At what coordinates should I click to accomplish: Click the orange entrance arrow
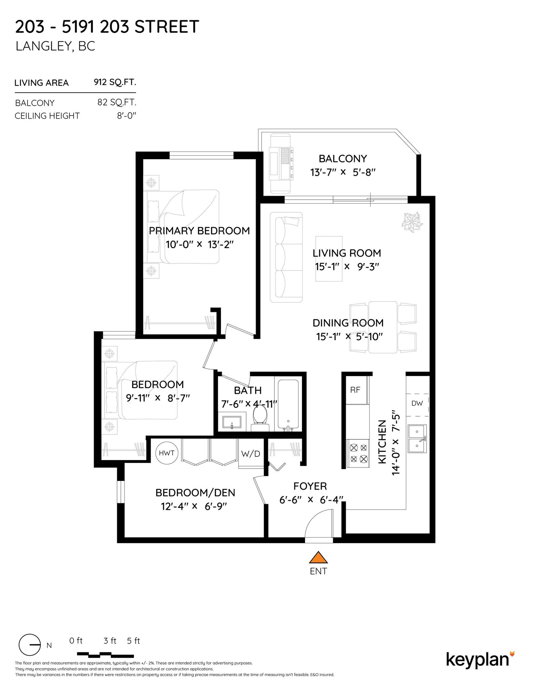[x=318, y=557]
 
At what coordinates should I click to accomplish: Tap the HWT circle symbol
[x=167, y=453]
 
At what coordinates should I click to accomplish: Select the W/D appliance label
[x=251, y=454]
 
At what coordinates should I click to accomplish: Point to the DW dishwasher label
[x=417, y=403]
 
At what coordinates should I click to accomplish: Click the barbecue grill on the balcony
[x=281, y=164]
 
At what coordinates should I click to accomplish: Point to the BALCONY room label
[x=343, y=158]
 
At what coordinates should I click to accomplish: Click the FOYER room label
[x=310, y=486]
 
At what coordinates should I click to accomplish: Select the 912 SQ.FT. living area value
[x=115, y=82]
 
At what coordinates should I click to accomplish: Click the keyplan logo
[x=480, y=659]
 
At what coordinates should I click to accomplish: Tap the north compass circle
[x=29, y=645]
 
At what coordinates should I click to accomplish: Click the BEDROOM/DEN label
[x=195, y=493]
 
